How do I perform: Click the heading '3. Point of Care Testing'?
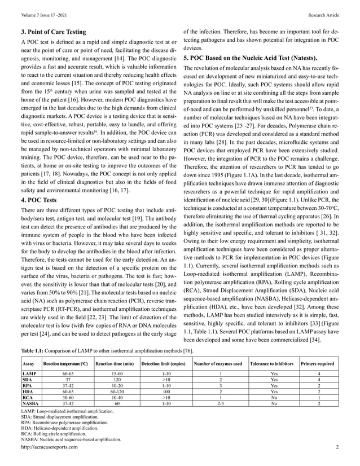tap(53, 32)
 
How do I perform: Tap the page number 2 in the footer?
tap(336, 447)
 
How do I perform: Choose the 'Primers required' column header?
tap(319, 364)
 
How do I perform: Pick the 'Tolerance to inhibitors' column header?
tap(274, 364)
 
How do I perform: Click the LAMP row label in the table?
tap(29, 374)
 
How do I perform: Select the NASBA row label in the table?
tap(30, 404)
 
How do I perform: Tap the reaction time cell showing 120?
tap(115, 380)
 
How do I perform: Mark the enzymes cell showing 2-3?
tap(219, 404)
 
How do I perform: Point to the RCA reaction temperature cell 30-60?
tap(68, 398)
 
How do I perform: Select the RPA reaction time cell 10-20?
tap(115, 386)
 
